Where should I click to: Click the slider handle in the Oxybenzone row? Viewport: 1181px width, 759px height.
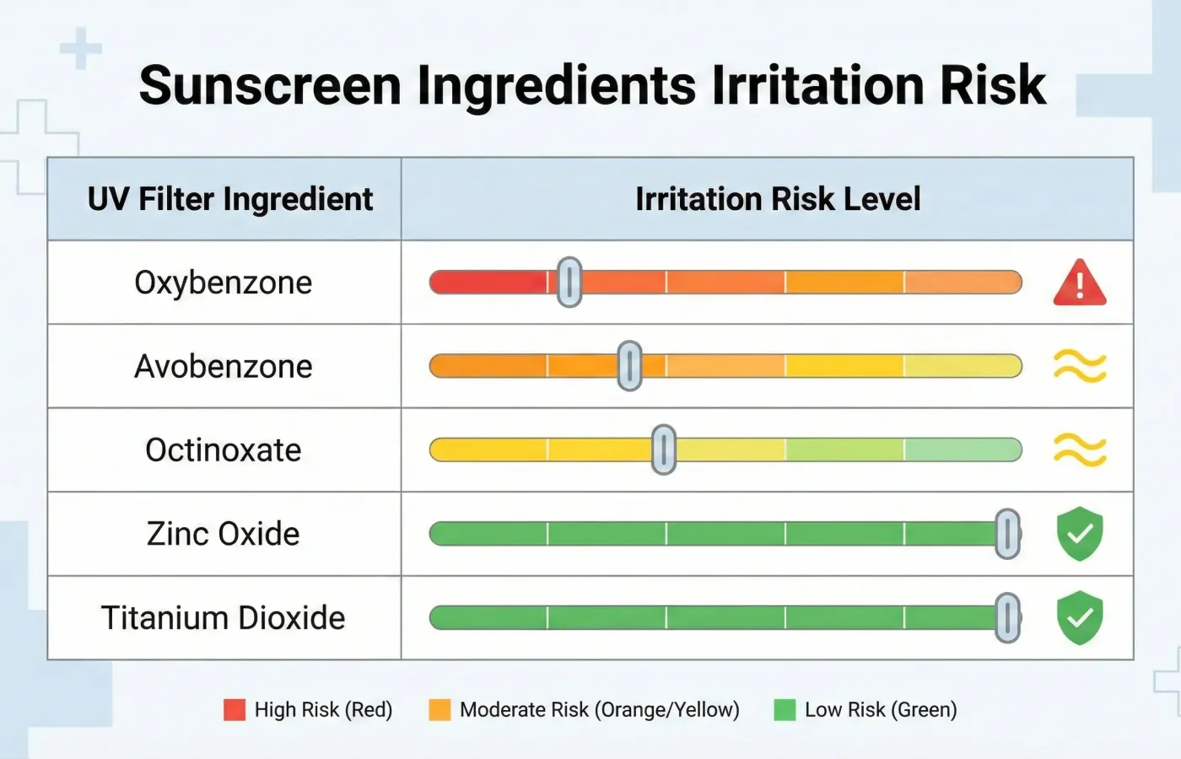point(569,282)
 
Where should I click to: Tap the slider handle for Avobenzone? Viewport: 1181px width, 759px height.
point(629,366)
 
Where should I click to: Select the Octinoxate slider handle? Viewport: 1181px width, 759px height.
point(664,449)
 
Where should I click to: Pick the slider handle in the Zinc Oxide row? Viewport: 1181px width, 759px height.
point(1007,534)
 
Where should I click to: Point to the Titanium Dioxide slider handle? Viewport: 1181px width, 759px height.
point(1007,617)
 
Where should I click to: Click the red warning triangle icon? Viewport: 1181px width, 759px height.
point(1080,283)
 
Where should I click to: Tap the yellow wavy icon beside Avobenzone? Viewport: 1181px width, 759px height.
point(1080,366)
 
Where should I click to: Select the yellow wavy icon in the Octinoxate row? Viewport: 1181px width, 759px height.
point(1080,449)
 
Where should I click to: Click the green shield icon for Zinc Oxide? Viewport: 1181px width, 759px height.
point(1080,534)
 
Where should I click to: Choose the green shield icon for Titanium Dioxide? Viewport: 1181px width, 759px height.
point(1080,617)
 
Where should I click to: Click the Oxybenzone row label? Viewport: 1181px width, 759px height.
point(224,283)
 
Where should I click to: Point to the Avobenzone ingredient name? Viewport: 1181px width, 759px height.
point(224,366)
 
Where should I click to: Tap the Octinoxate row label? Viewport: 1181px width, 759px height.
point(224,449)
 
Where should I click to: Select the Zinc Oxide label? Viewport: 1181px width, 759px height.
point(224,534)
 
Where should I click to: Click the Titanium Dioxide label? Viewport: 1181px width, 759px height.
point(224,617)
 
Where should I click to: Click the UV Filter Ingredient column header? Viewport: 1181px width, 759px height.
point(230,199)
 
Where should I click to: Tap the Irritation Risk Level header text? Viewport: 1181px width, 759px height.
point(778,199)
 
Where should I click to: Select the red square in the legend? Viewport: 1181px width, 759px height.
point(235,710)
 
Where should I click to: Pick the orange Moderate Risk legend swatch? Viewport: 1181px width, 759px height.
point(440,710)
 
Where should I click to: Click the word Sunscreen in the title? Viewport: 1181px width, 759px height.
point(270,85)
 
